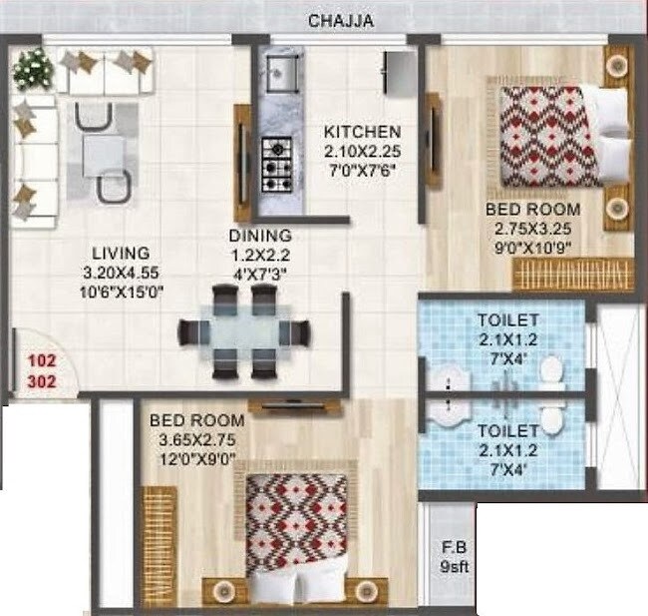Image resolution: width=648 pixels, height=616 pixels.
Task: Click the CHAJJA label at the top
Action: click(x=340, y=20)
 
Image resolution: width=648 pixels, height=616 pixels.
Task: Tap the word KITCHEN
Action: click(x=361, y=132)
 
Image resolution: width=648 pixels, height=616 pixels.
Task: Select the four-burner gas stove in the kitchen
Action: click(x=276, y=164)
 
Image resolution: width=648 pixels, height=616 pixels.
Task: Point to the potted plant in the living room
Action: click(x=33, y=69)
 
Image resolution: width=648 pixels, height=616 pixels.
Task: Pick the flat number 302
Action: click(x=41, y=380)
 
